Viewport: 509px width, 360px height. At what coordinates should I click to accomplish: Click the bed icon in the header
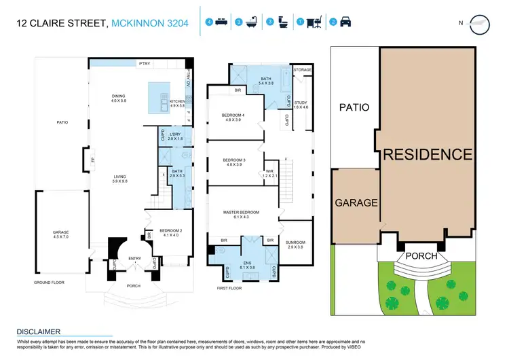(221, 22)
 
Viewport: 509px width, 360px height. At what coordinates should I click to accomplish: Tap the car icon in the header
(345, 22)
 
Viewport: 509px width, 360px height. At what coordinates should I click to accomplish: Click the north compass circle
(479, 23)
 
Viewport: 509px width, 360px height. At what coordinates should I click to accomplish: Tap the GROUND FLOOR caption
(48, 282)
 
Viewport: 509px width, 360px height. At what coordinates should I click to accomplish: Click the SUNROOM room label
(295, 242)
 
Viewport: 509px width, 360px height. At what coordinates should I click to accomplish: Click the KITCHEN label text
(177, 103)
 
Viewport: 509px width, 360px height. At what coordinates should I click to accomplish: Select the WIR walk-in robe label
(269, 172)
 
